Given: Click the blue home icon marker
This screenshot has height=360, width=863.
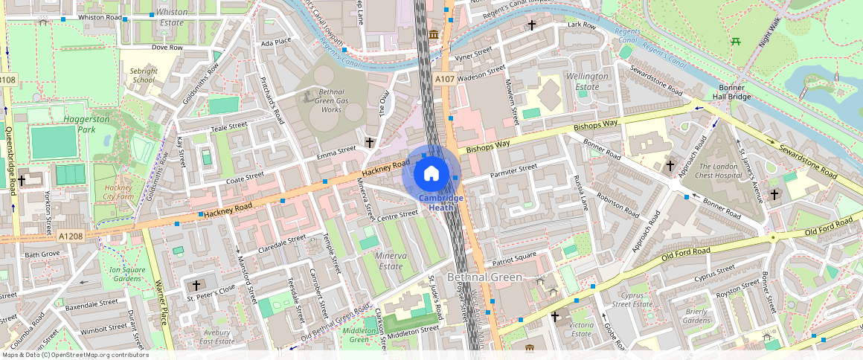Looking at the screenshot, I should [x=431, y=173].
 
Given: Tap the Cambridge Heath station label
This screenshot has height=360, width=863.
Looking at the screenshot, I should [x=440, y=202].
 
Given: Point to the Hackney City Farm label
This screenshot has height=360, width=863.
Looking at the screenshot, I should [x=118, y=192].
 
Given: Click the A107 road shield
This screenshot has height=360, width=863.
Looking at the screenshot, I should [x=445, y=79].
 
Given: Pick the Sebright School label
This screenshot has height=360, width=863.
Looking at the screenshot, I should [x=144, y=74].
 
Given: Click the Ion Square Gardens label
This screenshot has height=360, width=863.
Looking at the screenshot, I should [x=124, y=274].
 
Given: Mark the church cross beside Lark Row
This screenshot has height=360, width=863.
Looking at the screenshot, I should [x=531, y=25].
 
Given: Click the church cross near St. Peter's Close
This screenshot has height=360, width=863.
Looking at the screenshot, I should [x=196, y=285].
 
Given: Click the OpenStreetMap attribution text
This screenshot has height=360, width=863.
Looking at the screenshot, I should [x=74, y=355].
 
